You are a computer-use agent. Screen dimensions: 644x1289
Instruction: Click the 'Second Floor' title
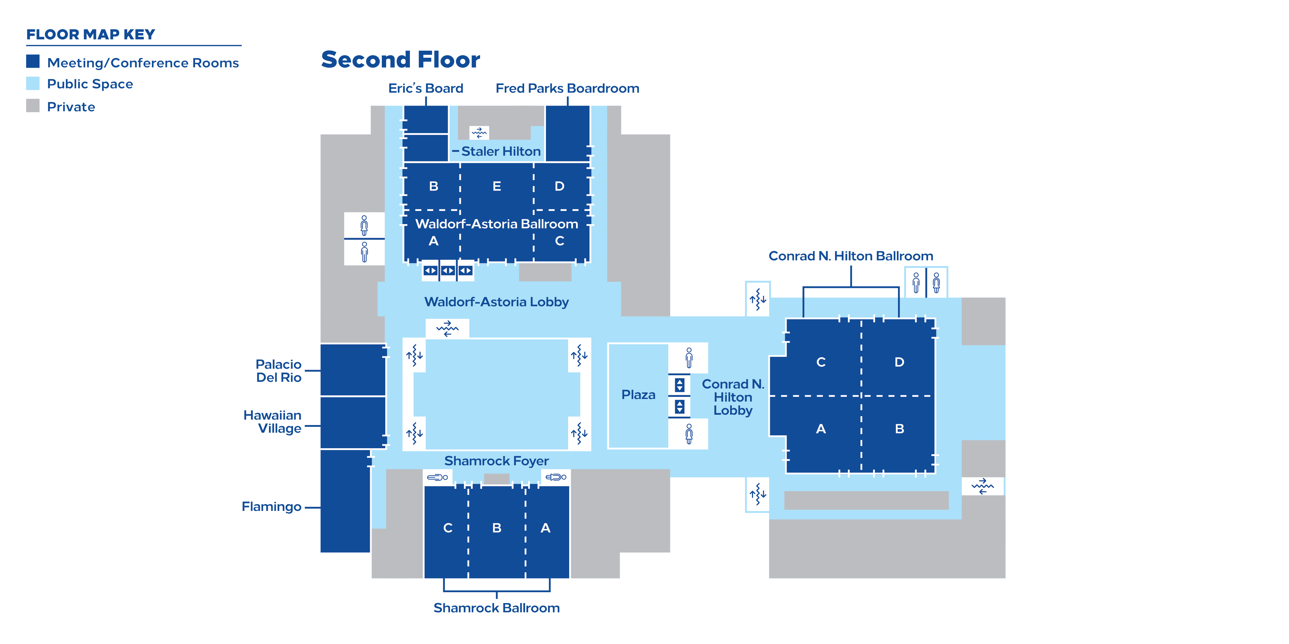pyautogui.click(x=400, y=60)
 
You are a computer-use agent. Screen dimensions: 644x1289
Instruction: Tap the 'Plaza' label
pyautogui.click(x=638, y=395)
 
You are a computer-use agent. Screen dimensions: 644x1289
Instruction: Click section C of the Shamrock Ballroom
pyautogui.click(x=448, y=528)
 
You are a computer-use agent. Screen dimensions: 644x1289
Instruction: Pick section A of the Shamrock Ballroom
pyautogui.click(x=545, y=528)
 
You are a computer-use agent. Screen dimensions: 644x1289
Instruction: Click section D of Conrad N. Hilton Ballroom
pyautogui.click(x=899, y=362)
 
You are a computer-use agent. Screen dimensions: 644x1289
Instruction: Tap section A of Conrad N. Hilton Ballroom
pyautogui.click(x=821, y=429)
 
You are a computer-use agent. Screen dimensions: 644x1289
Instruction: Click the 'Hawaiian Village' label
pyautogui.click(x=273, y=422)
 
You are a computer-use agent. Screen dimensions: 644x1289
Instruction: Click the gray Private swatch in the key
pyautogui.click(x=33, y=106)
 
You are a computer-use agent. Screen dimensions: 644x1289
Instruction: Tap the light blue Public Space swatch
pyautogui.click(x=33, y=84)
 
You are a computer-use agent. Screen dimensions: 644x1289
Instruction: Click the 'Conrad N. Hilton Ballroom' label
pyautogui.click(x=851, y=256)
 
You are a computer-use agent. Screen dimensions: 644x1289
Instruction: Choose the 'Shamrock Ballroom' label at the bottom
pyautogui.click(x=496, y=608)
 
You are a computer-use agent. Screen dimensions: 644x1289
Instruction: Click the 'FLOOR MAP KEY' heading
pyautogui.click(x=91, y=35)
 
